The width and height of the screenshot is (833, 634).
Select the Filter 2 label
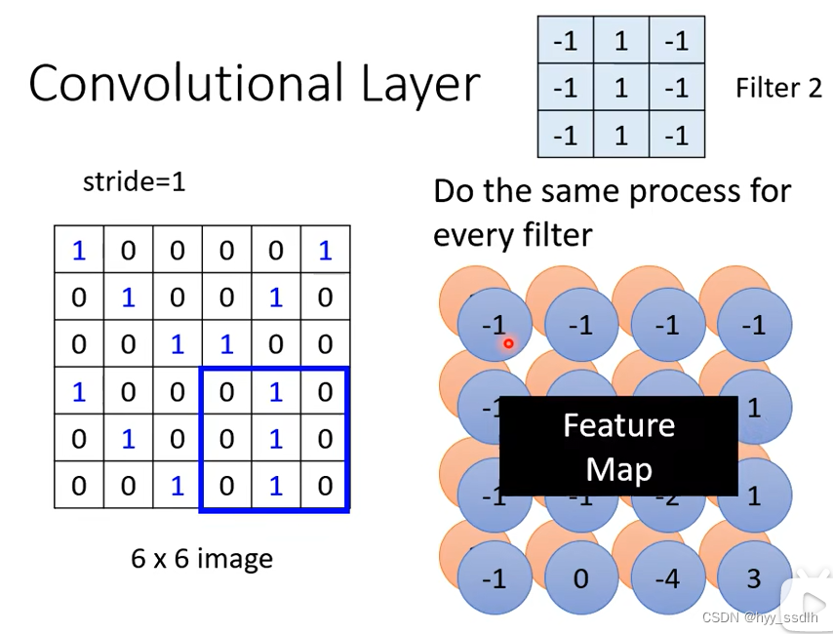(x=778, y=88)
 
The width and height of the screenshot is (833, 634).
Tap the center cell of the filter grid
(x=621, y=88)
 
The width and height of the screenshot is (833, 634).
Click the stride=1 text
(x=134, y=181)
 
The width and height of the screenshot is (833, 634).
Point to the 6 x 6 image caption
(x=202, y=559)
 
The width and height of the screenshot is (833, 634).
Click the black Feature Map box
(x=618, y=446)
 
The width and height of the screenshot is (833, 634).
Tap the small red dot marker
(x=508, y=343)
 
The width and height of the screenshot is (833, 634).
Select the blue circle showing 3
(x=754, y=578)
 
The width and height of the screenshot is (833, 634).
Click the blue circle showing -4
(x=667, y=578)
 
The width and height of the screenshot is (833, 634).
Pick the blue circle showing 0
(x=581, y=578)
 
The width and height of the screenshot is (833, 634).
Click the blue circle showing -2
(x=667, y=495)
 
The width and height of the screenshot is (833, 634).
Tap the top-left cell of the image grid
(x=79, y=251)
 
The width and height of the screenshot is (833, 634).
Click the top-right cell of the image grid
(x=325, y=251)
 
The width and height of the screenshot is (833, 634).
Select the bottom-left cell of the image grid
(x=79, y=486)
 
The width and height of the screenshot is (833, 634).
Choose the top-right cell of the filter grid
(x=676, y=41)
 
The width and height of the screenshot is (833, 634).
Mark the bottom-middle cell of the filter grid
(x=621, y=135)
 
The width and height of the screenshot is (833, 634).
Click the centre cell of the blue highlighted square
(x=276, y=439)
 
